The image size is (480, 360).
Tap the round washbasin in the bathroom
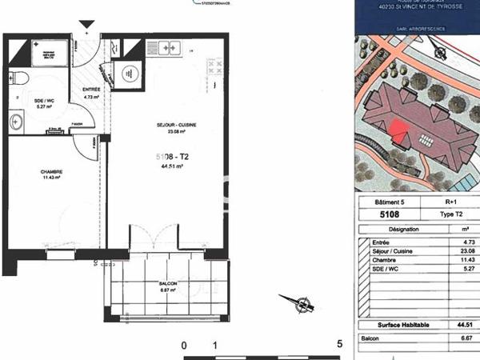tap(16, 122)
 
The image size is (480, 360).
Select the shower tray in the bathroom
tap(49, 53)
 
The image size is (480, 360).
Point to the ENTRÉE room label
tap(91, 89)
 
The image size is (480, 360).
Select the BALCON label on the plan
tap(167, 284)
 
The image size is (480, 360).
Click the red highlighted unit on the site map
tap(400, 128)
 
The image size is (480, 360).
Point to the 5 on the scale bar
tap(340, 345)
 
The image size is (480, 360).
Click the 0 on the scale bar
tap(184, 345)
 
